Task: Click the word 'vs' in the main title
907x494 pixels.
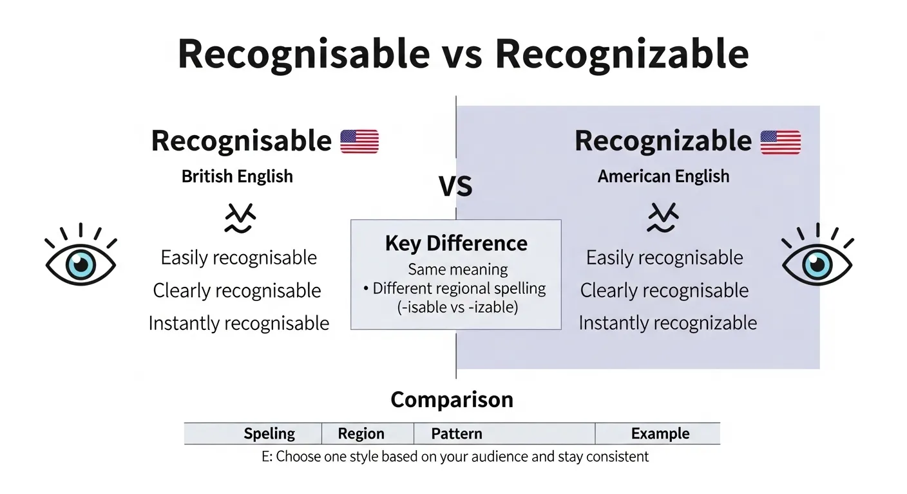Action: click(x=462, y=55)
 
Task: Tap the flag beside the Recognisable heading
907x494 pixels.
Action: click(x=359, y=142)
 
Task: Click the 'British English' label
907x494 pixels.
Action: click(x=237, y=176)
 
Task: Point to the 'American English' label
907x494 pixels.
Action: click(x=664, y=176)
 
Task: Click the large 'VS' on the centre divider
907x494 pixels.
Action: click(x=455, y=187)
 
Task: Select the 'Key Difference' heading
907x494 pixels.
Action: click(x=456, y=243)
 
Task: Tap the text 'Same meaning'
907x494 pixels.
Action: click(x=457, y=270)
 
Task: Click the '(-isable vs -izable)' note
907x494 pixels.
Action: click(x=457, y=307)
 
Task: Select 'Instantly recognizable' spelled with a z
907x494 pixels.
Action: click(x=667, y=322)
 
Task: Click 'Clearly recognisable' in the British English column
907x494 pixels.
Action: click(x=237, y=290)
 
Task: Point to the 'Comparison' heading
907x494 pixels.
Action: click(x=452, y=399)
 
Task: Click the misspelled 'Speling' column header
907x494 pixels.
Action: click(x=269, y=434)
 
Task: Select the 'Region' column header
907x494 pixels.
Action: click(x=361, y=434)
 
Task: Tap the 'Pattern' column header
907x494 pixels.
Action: click(x=457, y=434)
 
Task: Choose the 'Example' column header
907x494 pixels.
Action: click(x=660, y=434)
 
